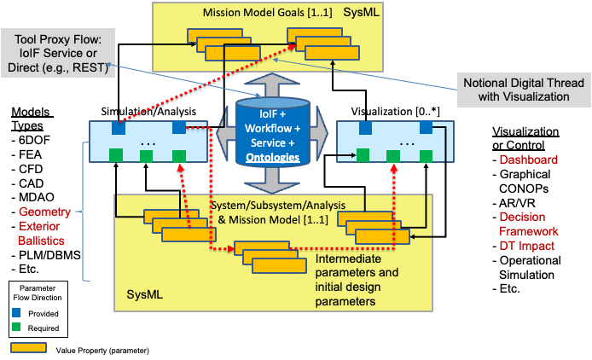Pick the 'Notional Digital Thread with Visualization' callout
523,90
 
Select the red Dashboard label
528,160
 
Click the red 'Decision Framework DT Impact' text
528,231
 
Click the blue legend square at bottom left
16,312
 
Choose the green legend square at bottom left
16,326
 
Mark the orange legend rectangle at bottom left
28,347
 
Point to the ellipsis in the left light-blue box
148,143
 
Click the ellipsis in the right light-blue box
406,143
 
